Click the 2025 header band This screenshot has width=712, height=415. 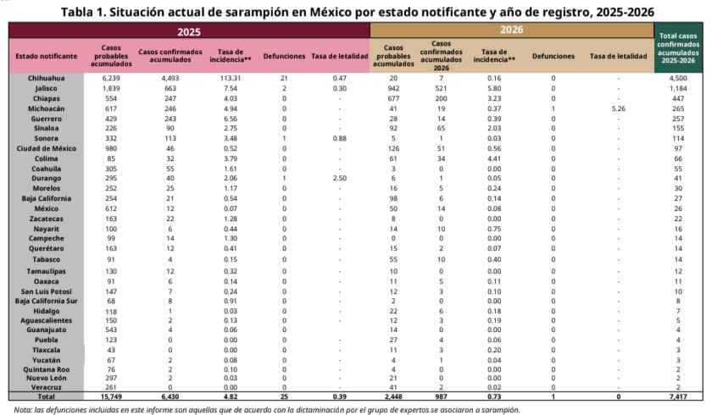(189, 30)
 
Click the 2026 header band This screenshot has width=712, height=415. (510, 30)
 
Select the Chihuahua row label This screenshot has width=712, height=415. (46, 77)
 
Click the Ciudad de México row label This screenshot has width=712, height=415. (46, 148)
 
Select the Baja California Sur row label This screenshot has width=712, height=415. (46, 301)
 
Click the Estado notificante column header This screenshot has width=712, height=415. (46, 56)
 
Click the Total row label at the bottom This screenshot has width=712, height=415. (46, 395)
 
